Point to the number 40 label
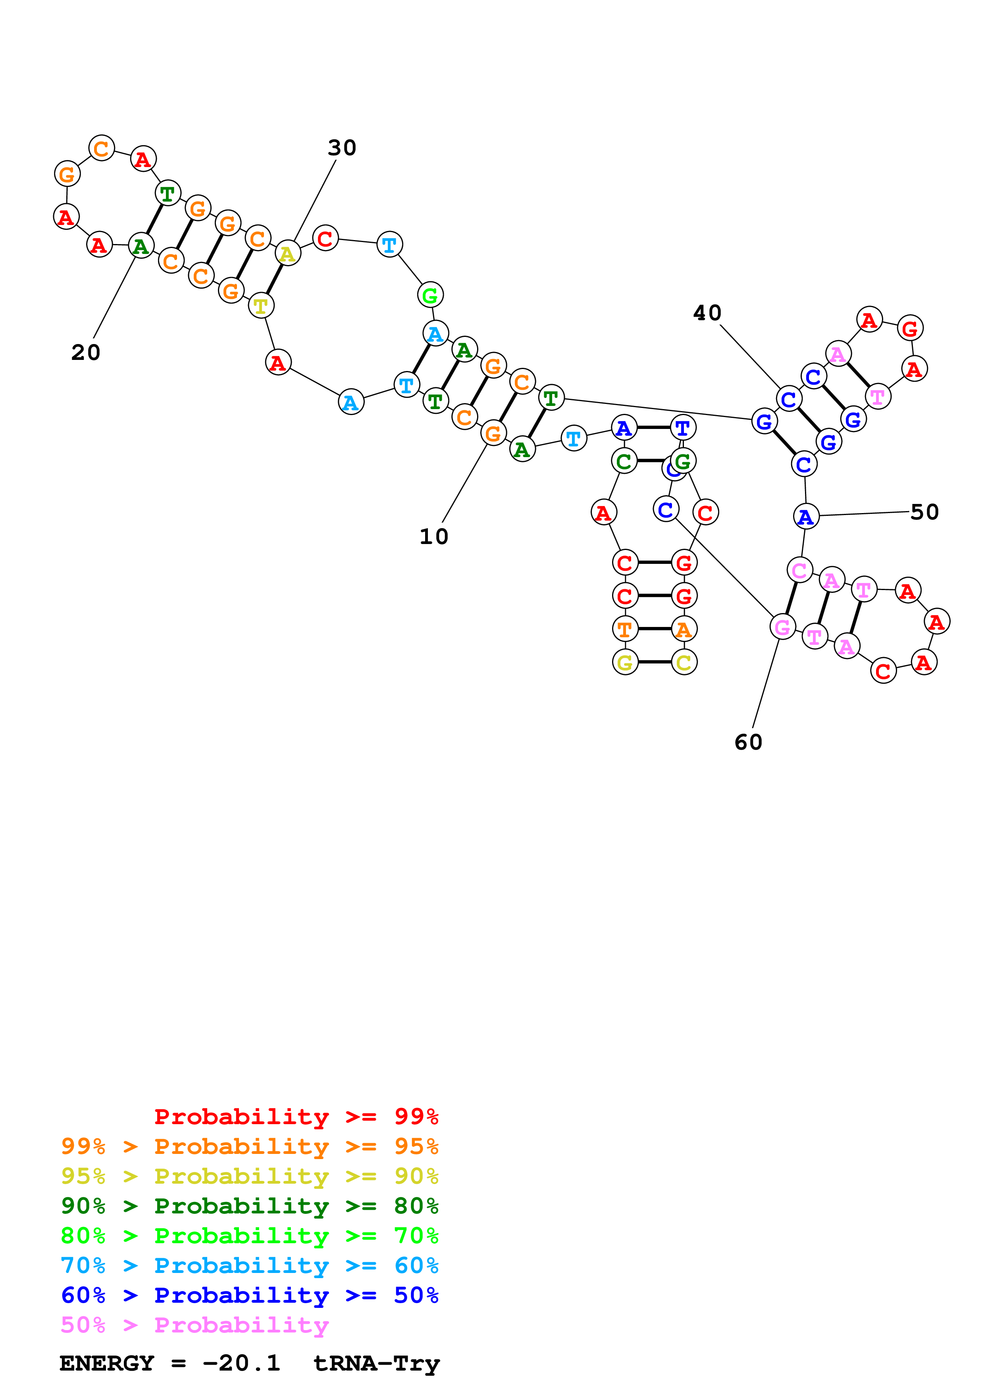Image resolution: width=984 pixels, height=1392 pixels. (707, 313)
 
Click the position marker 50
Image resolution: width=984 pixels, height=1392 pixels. (924, 512)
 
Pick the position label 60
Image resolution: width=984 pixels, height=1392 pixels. (748, 742)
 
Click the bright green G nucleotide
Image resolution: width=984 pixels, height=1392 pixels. (430, 295)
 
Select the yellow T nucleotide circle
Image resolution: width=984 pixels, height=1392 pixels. (261, 306)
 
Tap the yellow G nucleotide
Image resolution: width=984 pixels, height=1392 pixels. (625, 662)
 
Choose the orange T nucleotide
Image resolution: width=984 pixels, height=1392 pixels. (625, 629)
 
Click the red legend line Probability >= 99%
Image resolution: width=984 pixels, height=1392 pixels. (296, 1117)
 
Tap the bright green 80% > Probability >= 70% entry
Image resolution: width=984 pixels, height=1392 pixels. (249, 1236)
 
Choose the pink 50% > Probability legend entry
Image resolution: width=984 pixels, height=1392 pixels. (194, 1325)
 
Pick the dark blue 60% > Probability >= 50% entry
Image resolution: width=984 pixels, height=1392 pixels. (249, 1295)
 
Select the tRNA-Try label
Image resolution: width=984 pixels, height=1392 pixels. (376, 1363)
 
